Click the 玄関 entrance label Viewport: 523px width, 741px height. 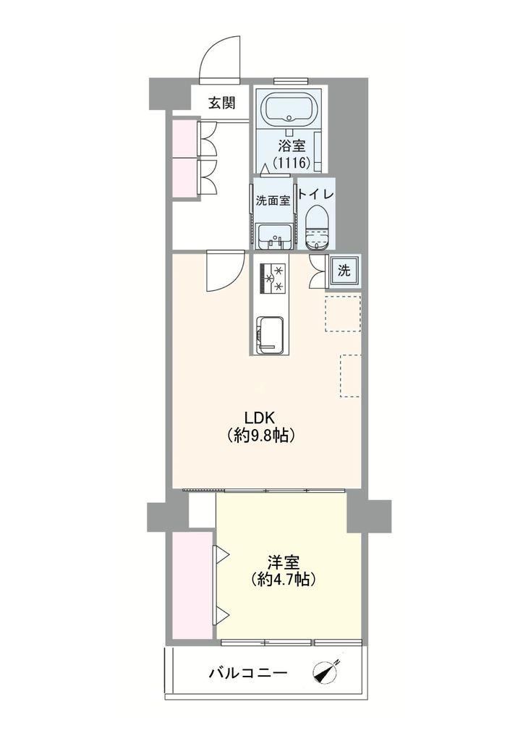(x=222, y=103)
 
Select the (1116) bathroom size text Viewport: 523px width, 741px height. (x=292, y=163)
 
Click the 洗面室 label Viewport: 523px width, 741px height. (x=273, y=200)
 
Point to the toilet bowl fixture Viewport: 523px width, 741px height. (x=317, y=229)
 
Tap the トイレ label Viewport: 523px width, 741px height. (x=317, y=194)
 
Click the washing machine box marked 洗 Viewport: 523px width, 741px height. (x=345, y=271)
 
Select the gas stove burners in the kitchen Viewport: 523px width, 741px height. (x=273, y=278)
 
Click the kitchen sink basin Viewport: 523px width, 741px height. (x=271, y=335)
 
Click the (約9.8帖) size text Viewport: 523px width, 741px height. (x=261, y=435)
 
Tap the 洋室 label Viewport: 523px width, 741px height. (x=284, y=562)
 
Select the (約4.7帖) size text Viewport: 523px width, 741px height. (x=284, y=579)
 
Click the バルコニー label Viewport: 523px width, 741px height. (x=248, y=672)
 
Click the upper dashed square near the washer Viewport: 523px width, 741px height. (x=343, y=313)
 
